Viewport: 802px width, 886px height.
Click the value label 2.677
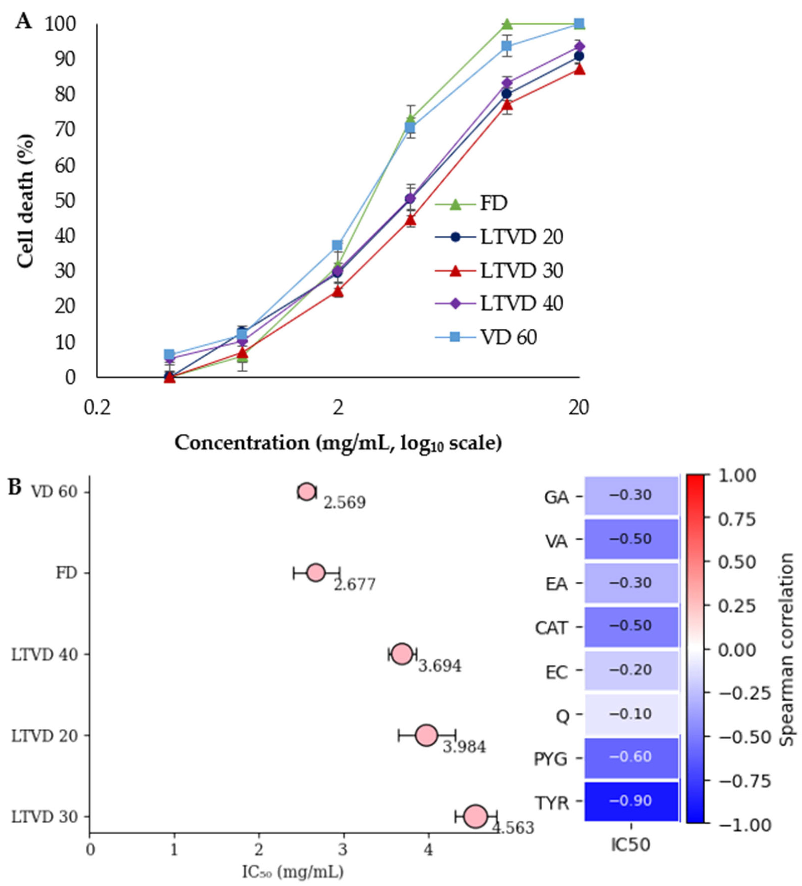point(354,584)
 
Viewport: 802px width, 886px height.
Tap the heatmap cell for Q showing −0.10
point(631,713)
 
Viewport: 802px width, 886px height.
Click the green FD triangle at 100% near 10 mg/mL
point(507,24)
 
